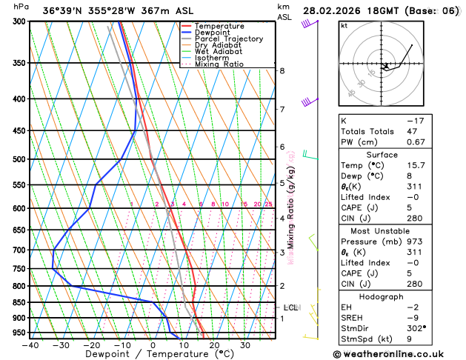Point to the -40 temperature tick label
(x=30, y=344)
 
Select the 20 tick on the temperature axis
(x=214, y=344)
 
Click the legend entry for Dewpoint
(x=214, y=33)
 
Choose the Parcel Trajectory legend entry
(x=228, y=39)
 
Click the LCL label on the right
(x=291, y=307)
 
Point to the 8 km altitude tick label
(x=282, y=70)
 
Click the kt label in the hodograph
(x=344, y=25)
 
